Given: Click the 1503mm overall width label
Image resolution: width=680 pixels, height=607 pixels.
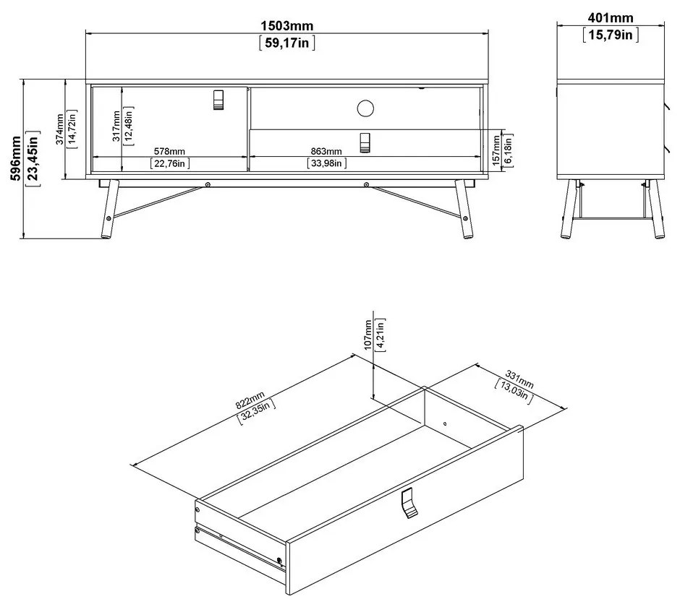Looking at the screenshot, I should [x=287, y=26].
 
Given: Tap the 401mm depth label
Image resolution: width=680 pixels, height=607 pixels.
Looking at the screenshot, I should [x=608, y=18].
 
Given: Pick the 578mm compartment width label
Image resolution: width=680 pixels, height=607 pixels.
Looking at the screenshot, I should [x=170, y=151].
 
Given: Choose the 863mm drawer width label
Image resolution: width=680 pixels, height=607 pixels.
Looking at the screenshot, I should [x=326, y=151].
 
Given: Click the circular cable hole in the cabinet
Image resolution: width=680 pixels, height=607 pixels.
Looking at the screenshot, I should [x=366, y=108].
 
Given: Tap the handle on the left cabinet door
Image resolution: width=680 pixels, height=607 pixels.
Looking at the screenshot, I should [x=219, y=100].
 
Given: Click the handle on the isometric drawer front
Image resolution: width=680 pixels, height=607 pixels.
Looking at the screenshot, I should [x=409, y=503].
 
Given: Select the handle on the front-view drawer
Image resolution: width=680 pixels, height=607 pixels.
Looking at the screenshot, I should [x=366, y=142].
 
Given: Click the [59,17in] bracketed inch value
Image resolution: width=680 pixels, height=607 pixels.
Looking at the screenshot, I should [x=287, y=43].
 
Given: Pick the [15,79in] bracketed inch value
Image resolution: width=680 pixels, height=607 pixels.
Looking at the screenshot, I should [x=608, y=35].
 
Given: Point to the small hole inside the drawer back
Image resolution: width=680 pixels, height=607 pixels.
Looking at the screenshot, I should [x=445, y=423].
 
